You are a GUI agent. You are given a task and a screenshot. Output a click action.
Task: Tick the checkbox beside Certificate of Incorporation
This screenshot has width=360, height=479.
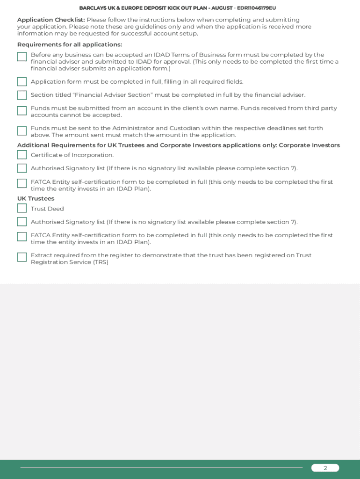pos(22,155)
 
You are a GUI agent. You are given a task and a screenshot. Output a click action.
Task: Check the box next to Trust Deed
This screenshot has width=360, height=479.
pos(22,208)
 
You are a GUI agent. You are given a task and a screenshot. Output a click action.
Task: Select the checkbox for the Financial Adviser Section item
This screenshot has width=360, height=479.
pos(22,95)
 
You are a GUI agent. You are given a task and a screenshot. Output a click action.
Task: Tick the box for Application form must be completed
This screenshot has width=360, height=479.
pos(22,82)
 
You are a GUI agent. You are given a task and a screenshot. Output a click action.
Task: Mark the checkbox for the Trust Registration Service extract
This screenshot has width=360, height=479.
pos(22,257)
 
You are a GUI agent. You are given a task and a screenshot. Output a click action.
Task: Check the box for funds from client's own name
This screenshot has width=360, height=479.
pos(22,111)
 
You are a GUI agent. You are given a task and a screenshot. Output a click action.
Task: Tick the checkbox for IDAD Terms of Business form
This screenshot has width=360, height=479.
pos(22,57)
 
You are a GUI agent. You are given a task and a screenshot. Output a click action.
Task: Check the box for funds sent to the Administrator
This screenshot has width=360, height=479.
pos(22,131)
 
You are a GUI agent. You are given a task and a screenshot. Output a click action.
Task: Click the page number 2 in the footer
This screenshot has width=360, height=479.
pos(325,468)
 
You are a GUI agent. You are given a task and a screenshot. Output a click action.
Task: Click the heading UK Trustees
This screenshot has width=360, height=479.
pos(36,198)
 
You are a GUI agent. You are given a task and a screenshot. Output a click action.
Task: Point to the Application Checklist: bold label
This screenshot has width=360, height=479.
pos(51,20)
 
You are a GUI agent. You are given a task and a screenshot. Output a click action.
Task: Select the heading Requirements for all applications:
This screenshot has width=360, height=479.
pos(70,44)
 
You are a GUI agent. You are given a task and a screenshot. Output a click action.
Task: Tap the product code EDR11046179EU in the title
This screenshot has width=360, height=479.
pos(256,8)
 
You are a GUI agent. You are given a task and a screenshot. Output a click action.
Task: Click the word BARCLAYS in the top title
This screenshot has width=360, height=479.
pos(93,8)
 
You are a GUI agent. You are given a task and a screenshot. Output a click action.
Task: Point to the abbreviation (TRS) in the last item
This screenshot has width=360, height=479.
pos(101,262)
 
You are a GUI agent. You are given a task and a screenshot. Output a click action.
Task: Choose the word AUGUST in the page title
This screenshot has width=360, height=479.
pos(222,8)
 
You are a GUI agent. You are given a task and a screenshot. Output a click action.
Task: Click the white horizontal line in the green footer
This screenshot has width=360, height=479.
pos(161,467)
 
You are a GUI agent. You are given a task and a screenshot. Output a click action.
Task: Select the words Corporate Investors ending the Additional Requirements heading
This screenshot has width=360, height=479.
pos(309,145)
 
